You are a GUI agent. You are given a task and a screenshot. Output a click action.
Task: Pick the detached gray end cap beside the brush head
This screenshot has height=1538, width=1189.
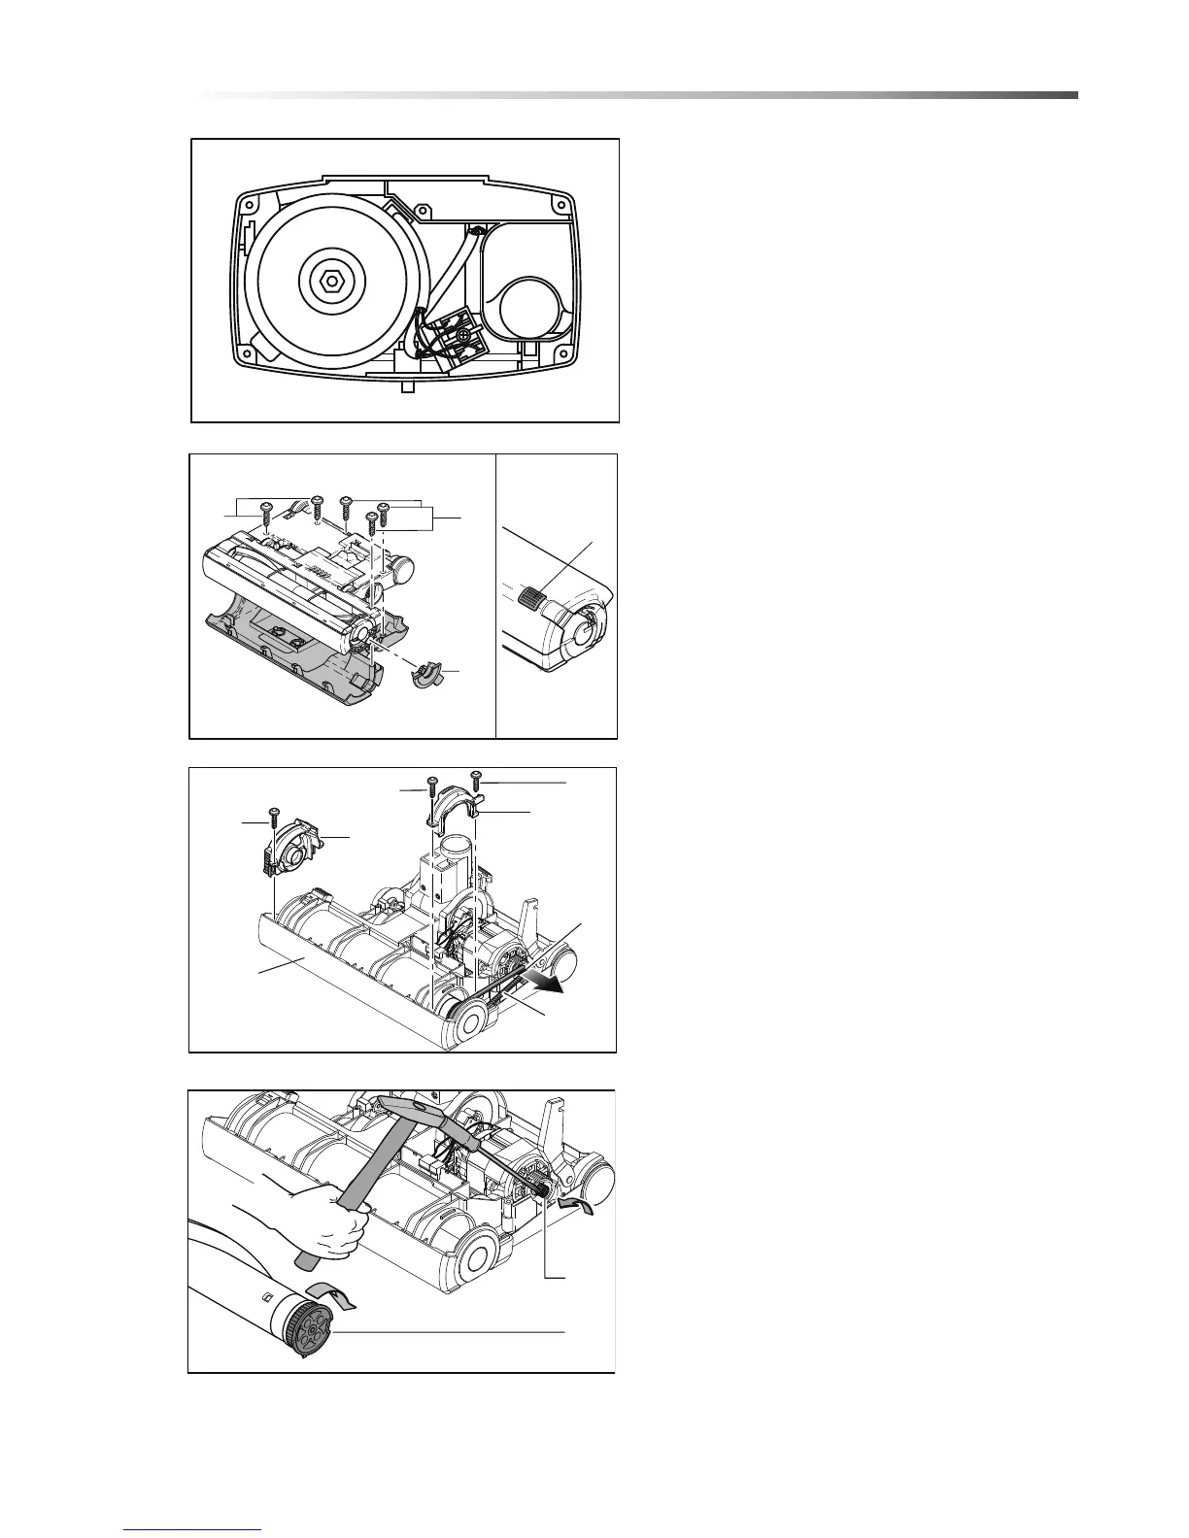[426, 675]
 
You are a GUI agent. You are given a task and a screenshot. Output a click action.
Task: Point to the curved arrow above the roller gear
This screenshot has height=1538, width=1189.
[330, 1292]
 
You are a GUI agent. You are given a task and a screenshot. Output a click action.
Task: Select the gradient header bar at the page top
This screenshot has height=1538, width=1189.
[641, 95]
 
